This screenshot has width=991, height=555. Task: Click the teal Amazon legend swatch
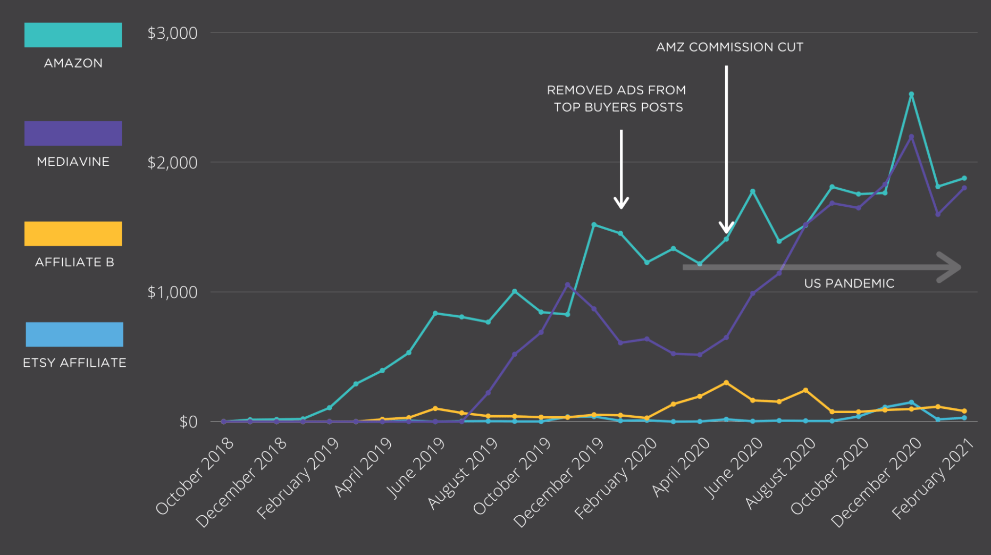(73, 35)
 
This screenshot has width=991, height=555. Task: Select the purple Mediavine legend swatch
(73, 133)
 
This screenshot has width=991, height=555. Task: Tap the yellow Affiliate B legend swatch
(73, 234)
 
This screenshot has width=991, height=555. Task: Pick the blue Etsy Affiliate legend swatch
(74, 334)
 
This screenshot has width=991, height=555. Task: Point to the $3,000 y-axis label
(172, 33)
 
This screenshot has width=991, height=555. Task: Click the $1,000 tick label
(172, 292)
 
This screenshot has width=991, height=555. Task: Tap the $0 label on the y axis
(188, 422)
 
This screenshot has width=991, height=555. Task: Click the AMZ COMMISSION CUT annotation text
(729, 47)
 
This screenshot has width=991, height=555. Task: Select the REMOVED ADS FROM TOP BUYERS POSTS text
(617, 99)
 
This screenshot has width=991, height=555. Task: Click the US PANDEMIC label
(849, 283)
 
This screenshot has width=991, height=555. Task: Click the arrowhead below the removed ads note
(621, 203)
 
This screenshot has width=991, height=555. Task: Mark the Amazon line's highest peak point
(911, 95)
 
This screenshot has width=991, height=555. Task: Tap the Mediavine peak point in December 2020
(911, 137)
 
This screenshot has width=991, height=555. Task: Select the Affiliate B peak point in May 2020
(726, 383)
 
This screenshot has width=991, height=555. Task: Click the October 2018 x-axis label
(196, 476)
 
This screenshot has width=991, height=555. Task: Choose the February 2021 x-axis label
(933, 478)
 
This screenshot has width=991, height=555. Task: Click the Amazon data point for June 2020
(753, 191)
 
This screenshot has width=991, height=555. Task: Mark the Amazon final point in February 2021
(964, 178)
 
